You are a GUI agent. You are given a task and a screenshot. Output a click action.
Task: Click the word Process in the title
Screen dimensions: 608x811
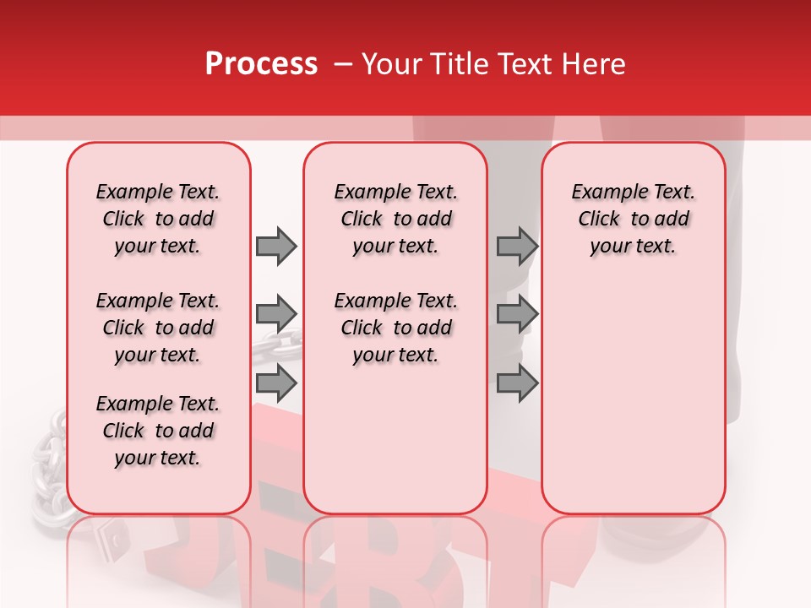pyautogui.click(x=261, y=64)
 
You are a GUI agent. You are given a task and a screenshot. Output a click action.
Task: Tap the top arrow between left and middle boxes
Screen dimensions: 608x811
pyautogui.click(x=276, y=246)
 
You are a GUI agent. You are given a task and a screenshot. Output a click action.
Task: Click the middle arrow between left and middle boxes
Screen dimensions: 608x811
pyautogui.click(x=276, y=314)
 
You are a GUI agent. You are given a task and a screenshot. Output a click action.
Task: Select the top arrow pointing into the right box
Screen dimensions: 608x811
pyautogui.click(x=517, y=246)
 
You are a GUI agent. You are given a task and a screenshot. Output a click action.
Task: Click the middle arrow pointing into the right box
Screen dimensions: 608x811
pyautogui.click(x=517, y=314)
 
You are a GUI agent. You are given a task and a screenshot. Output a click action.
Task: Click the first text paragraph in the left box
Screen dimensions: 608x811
pyautogui.click(x=158, y=219)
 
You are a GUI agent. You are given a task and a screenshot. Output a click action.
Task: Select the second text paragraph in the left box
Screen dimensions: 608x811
pyautogui.click(x=158, y=328)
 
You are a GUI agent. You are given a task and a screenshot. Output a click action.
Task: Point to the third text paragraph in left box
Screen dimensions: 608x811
pyautogui.click(x=158, y=431)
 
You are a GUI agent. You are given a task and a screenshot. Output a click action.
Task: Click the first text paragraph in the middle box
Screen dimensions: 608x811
pyautogui.click(x=395, y=219)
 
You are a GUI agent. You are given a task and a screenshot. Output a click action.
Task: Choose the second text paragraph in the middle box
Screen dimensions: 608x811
pyautogui.click(x=395, y=328)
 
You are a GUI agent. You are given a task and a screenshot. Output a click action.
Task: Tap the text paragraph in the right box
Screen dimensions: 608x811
pyautogui.click(x=633, y=219)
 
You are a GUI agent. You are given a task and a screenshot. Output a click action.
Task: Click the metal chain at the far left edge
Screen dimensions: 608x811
pyautogui.click(x=46, y=473)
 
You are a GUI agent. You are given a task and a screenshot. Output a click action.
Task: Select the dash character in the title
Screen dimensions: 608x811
pyautogui.click(x=343, y=64)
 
